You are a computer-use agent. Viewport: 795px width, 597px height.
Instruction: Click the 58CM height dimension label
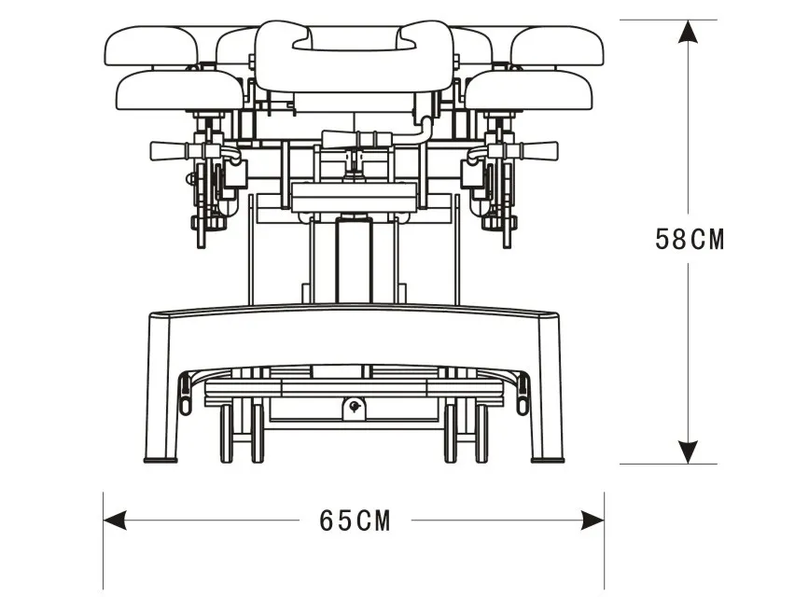[689, 239]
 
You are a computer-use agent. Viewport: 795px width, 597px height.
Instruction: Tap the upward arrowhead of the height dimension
[689, 34]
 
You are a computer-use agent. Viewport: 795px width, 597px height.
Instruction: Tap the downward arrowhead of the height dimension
[689, 451]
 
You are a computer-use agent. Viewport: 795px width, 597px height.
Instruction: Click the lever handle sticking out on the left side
[167, 150]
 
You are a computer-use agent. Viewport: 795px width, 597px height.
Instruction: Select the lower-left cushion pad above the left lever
[179, 90]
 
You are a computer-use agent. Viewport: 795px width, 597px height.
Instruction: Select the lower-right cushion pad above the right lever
[529, 90]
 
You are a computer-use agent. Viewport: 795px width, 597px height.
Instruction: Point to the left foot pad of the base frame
[161, 458]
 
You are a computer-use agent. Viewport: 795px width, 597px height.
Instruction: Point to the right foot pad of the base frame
[547, 458]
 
